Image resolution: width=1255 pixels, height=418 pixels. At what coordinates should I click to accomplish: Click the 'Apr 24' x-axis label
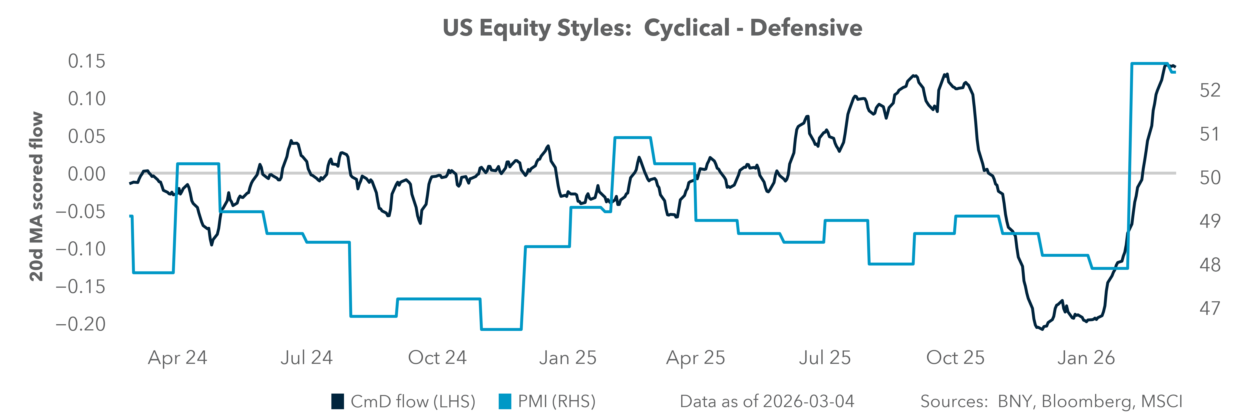177,358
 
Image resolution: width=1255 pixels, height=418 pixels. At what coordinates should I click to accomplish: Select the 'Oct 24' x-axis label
437,358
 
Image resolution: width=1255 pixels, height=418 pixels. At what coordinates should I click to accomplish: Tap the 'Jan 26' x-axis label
1086,358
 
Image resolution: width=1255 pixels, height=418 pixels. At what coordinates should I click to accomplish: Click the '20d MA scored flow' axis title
36,197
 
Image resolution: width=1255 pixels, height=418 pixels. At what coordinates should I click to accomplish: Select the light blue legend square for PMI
505,402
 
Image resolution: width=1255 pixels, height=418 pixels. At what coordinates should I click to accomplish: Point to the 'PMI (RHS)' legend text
556,402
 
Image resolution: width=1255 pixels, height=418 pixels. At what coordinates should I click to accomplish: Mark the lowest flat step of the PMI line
501,330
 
